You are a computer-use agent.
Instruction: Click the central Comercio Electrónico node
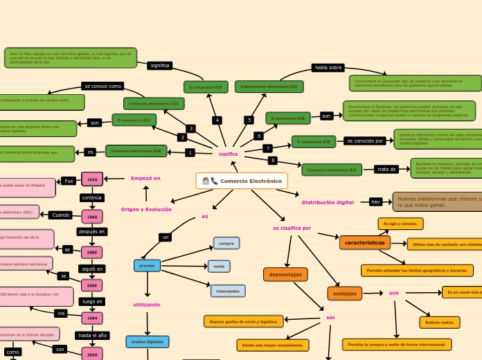click(x=242, y=181)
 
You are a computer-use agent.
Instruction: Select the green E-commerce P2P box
click(x=206, y=87)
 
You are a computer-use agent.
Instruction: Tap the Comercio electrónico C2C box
click(x=154, y=103)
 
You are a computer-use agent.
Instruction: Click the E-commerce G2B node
click(x=287, y=118)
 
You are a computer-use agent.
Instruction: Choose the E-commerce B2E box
click(x=313, y=142)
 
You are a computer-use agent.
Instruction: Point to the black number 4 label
click(x=217, y=120)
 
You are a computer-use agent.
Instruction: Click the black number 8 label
click(x=272, y=161)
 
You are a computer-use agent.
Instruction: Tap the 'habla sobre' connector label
click(x=328, y=68)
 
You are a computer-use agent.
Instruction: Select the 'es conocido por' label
click(x=365, y=141)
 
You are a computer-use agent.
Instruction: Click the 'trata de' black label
click(x=386, y=169)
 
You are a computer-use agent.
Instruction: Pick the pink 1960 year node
click(x=92, y=216)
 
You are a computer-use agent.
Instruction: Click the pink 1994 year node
click(x=92, y=318)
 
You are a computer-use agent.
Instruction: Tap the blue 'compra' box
click(x=226, y=243)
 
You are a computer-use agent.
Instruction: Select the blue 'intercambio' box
click(x=228, y=291)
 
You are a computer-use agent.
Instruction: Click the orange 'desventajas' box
click(x=285, y=275)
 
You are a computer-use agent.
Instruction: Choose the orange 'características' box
click(x=364, y=243)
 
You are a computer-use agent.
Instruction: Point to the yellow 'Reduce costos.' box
click(x=439, y=322)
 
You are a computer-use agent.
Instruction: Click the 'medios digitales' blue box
click(x=148, y=341)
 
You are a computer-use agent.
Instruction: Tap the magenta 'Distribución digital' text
click(x=328, y=202)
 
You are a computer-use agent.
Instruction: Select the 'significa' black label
click(x=159, y=66)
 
